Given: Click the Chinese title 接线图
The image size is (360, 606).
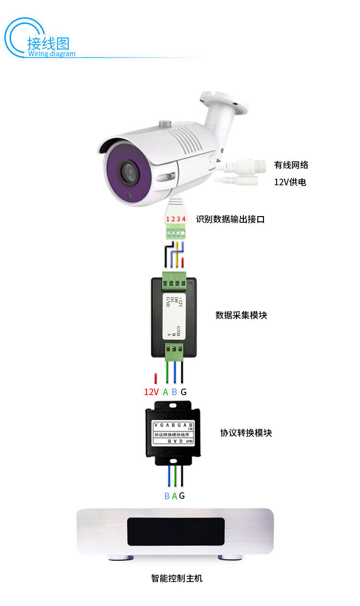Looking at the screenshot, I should tap(48, 43).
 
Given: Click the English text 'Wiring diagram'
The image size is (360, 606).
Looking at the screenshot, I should tap(51, 54).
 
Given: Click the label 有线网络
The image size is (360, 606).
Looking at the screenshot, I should tap(291, 165).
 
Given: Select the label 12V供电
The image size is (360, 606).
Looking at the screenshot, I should tap(290, 182).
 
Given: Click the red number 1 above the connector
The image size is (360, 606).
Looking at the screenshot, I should tap(168, 219).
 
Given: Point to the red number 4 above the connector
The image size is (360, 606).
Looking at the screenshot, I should tap(184, 219).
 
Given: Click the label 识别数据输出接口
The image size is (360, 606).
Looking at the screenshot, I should tap(230, 219).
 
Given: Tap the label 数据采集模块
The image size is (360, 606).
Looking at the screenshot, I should tap(241, 315).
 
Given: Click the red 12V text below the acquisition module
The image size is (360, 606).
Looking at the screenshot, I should tap(151, 392).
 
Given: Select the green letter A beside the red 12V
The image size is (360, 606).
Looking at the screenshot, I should tap(166, 392).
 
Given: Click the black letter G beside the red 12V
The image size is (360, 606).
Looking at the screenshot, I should tap(183, 392).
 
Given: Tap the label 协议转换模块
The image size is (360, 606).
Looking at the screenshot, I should tap(246, 433).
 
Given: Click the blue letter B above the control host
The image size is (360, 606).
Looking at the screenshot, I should tap(167, 496).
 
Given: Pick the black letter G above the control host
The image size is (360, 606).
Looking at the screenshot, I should tap(182, 496).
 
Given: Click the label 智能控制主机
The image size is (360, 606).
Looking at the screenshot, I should tap(177, 578).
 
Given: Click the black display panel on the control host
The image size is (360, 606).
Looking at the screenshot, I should tap(176, 531).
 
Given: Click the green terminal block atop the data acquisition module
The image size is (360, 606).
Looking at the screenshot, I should tap(174, 280).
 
